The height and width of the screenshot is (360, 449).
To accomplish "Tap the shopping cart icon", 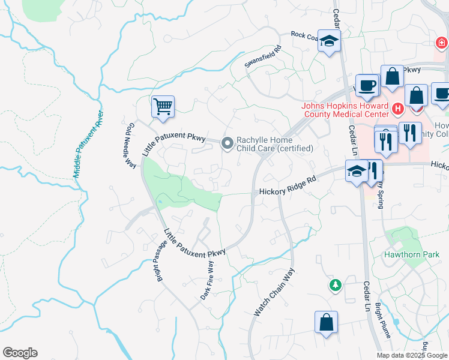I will (x=163, y=107).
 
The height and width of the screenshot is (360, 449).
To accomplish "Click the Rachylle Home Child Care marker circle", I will (x=228, y=143).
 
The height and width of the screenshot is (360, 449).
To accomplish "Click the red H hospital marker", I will (x=396, y=109).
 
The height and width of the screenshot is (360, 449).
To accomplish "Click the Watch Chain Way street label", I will (x=275, y=292).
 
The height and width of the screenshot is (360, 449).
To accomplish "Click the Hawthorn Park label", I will (x=412, y=254).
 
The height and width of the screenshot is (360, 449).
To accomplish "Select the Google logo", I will (x=20, y=353).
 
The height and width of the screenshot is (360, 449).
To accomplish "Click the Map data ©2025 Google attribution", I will (x=411, y=355).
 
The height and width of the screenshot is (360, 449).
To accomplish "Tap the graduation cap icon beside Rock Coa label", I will (x=328, y=41).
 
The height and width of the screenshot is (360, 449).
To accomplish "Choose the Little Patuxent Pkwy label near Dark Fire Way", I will (x=194, y=244).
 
